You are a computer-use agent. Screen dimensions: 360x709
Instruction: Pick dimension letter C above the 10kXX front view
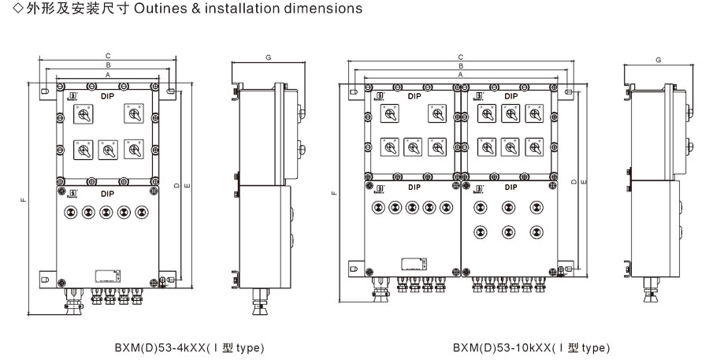(x=460, y=57)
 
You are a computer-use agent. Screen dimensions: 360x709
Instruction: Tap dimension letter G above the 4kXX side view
(x=269, y=58)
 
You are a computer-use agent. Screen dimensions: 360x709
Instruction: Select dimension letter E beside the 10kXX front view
(x=583, y=183)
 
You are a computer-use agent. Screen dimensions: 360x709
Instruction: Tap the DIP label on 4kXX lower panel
(x=107, y=192)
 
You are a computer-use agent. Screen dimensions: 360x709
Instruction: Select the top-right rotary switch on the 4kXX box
(x=131, y=114)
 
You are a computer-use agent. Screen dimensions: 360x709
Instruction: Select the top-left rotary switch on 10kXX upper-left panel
(x=388, y=114)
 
